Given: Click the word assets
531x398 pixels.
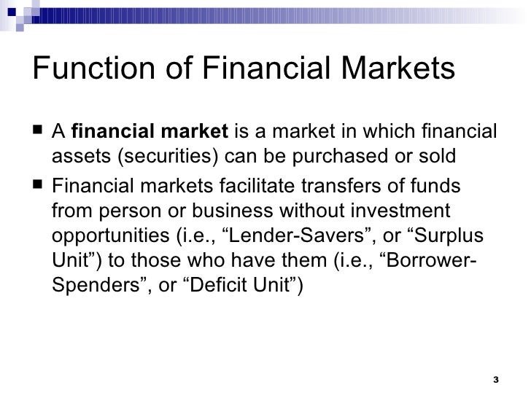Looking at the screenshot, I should (x=76, y=156).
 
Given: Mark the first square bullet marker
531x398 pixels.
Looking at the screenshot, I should (x=37, y=132).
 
